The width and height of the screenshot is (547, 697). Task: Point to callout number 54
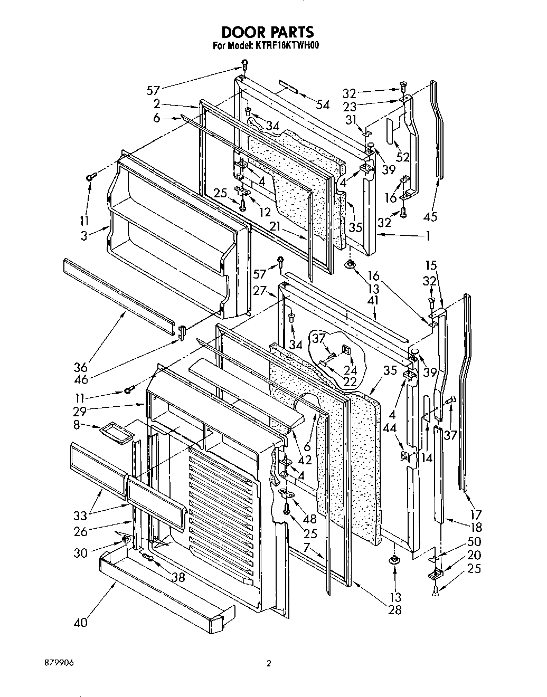pyautogui.click(x=322, y=105)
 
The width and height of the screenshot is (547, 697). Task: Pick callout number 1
pyautogui.click(x=428, y=236)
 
